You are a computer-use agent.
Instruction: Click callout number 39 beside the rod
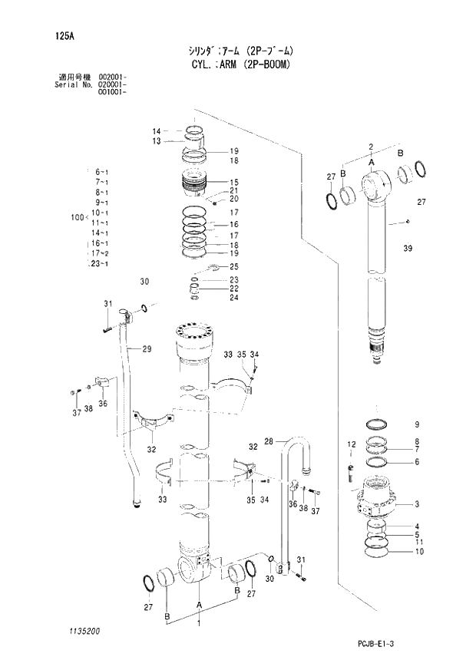[408, 248]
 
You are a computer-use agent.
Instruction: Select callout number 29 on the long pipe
[147, 349]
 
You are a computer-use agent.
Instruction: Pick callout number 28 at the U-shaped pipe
[268, 441]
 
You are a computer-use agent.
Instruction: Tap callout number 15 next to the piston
[234, 182]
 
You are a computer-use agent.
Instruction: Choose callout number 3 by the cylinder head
[417, 504]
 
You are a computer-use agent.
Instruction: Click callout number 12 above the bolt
[352, 444]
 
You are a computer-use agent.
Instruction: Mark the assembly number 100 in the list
[76, 218]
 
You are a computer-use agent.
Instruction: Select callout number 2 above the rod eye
[370, 147]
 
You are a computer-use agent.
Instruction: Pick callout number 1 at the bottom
[199, 625]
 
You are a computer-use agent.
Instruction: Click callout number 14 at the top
[156, 131]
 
